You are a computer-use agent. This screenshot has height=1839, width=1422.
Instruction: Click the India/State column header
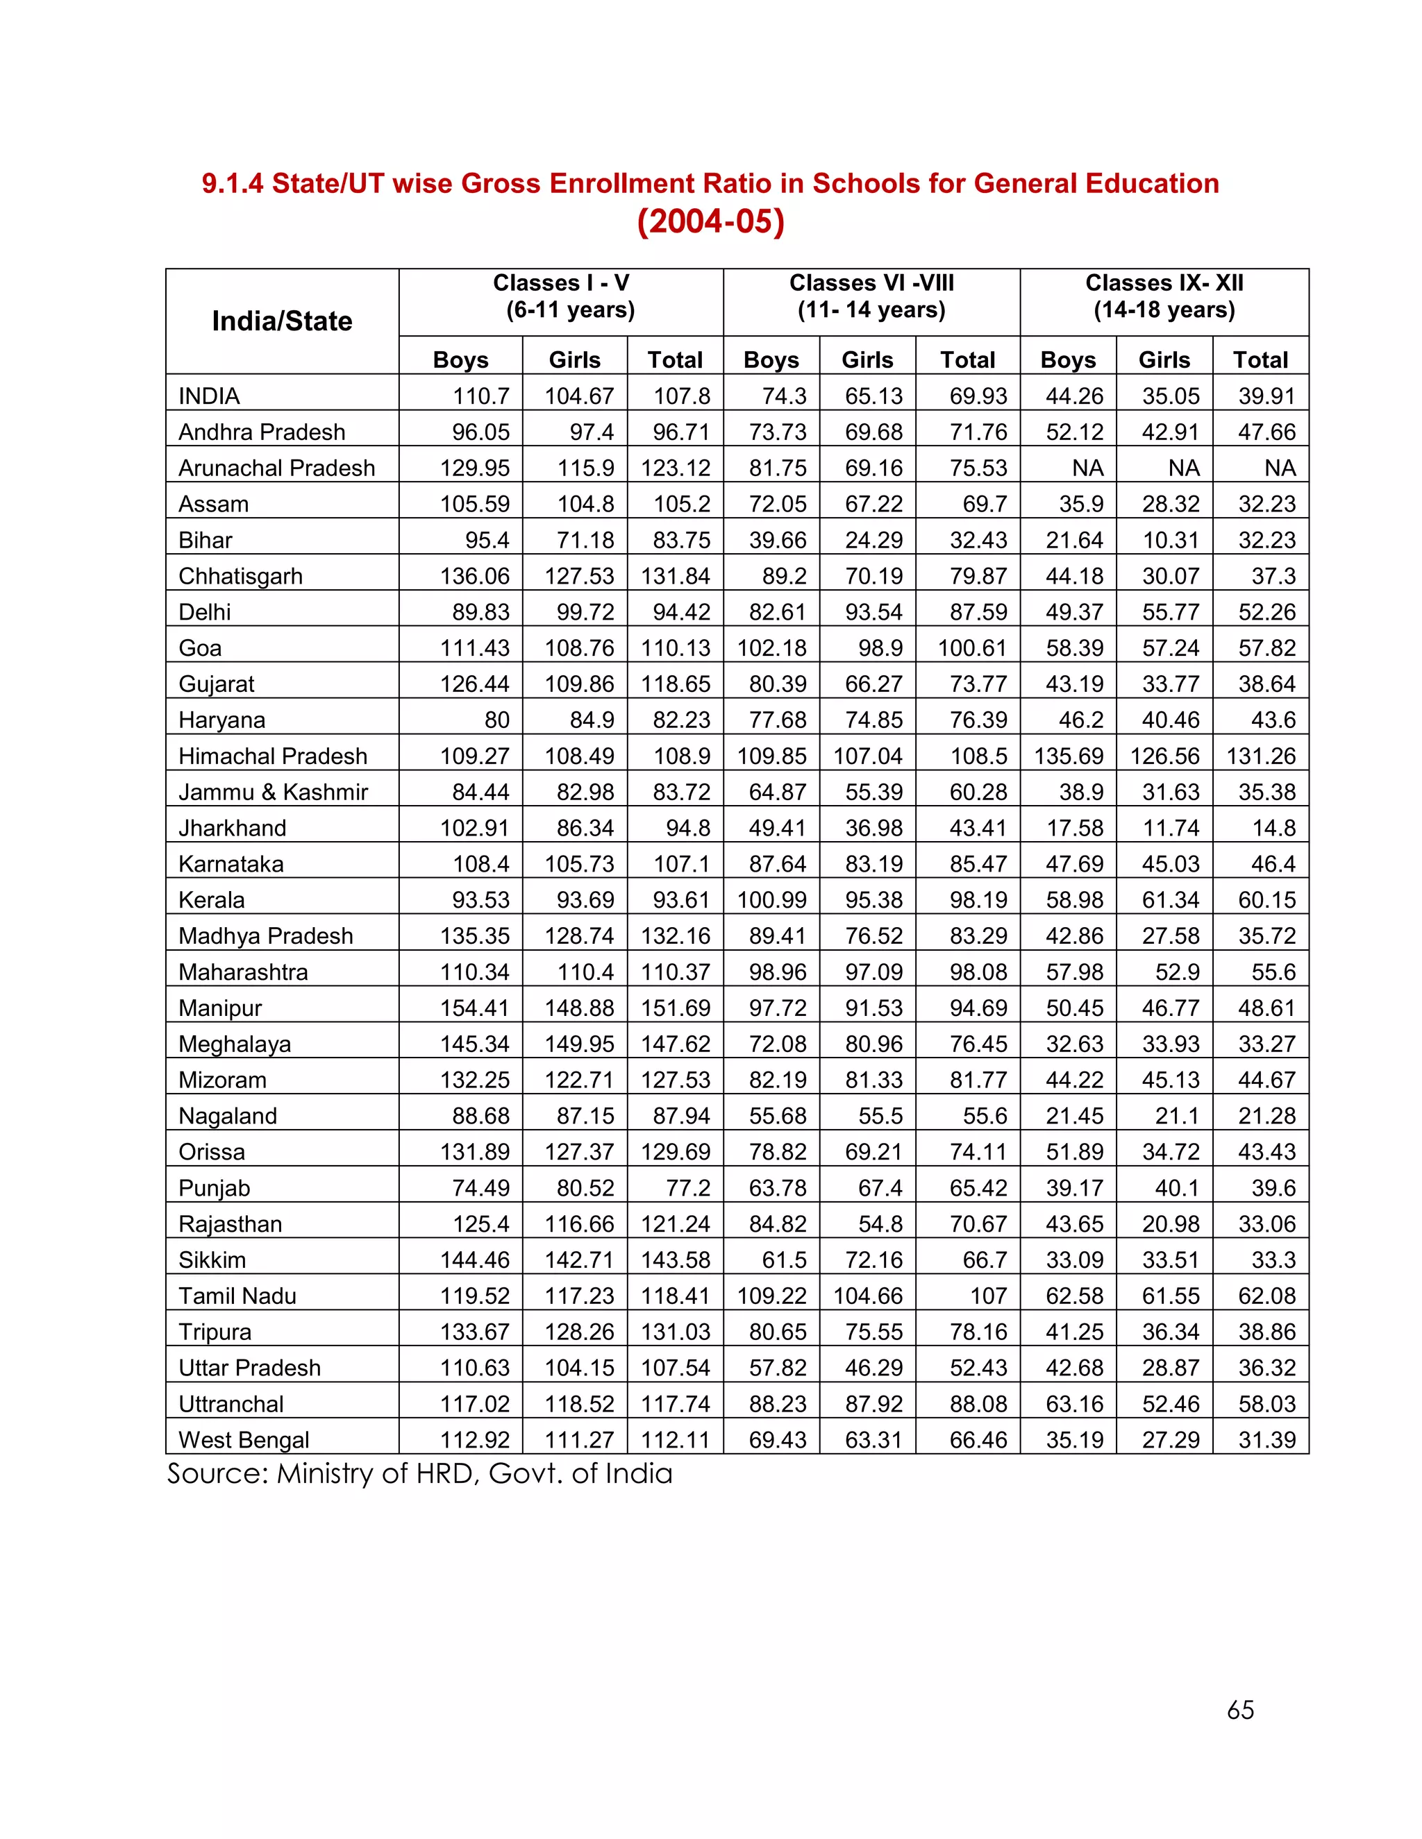click(281, 321)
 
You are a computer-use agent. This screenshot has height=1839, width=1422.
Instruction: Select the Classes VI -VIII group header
click(871, 296)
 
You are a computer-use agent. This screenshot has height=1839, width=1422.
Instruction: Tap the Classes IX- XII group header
click(1164, 296)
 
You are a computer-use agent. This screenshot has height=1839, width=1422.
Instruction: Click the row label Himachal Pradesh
click(272, 756)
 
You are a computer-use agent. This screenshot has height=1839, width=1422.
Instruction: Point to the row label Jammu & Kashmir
click(273, 793)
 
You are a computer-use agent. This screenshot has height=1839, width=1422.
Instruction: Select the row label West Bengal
click(244, 1440)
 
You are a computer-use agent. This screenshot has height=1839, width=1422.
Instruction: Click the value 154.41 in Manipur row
click(474, 1008)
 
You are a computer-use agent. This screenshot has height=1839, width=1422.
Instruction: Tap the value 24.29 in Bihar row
click(873, 540)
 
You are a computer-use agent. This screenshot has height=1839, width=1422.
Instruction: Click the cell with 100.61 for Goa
click(972, 648)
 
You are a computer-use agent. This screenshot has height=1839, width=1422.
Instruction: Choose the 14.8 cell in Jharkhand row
click(1273, 829)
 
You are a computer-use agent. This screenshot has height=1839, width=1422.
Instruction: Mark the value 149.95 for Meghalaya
click(579, 1044)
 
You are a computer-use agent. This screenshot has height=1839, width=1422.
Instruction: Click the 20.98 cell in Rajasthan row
click(1170, 1224)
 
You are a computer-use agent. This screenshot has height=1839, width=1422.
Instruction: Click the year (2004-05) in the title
click(710, 221)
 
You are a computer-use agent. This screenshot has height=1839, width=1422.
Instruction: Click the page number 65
click(1240, 1710)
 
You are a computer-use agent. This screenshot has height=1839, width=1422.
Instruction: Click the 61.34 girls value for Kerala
click(1170, 900)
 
